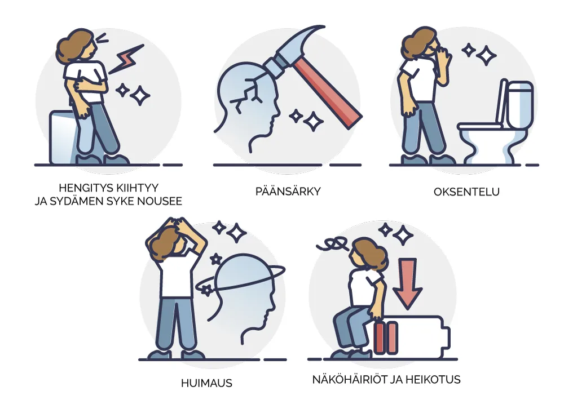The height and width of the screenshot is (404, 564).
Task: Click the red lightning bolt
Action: pos(126,59)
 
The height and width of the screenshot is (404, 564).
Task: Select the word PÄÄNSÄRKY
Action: pos(288,191)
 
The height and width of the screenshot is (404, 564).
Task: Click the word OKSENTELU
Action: pos(466,192)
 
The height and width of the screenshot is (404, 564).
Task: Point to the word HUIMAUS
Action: pos(206,383)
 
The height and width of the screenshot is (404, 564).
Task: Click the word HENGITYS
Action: pos(82,188)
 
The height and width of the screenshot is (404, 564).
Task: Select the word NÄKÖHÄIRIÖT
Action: pos(349,379)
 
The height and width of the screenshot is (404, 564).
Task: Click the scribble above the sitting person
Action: pos(333,244)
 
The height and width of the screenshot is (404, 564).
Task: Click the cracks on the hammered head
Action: pos(249,92)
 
